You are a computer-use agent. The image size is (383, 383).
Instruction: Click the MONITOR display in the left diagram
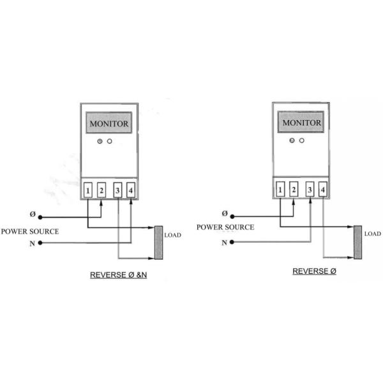tap(109, 123)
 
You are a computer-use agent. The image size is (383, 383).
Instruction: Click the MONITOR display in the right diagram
tap(301, 122)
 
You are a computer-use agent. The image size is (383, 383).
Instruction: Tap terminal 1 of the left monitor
tap(87, 190)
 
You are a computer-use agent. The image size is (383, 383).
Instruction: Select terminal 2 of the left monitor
tap(101, 190)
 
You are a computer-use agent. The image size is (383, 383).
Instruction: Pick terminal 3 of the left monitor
tap(117, 190)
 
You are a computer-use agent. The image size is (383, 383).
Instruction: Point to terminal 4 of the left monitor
tap(130, 190)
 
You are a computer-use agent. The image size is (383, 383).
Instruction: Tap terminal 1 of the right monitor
tap(280, 189)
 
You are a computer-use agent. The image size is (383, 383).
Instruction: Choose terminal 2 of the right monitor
tap(293, 189)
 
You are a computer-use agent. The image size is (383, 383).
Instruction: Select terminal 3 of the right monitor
tap(310, 189)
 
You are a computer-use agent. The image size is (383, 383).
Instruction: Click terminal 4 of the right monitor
tap(323, 189)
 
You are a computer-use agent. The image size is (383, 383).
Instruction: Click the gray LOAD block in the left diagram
tap(158, 243)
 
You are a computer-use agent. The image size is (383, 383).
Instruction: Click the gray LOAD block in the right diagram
tap(357, 242)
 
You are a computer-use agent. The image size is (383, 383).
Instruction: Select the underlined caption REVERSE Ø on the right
tap(315, 271)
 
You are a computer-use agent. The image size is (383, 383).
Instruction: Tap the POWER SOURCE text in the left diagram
tap(30, 231)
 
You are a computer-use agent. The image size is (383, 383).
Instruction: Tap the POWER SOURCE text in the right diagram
tap(225, 227)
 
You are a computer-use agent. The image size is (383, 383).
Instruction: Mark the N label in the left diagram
tap(32, 243)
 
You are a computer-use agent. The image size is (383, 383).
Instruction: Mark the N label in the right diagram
tap(224, 243)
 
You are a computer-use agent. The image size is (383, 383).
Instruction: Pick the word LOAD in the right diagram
tap(372, 234)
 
